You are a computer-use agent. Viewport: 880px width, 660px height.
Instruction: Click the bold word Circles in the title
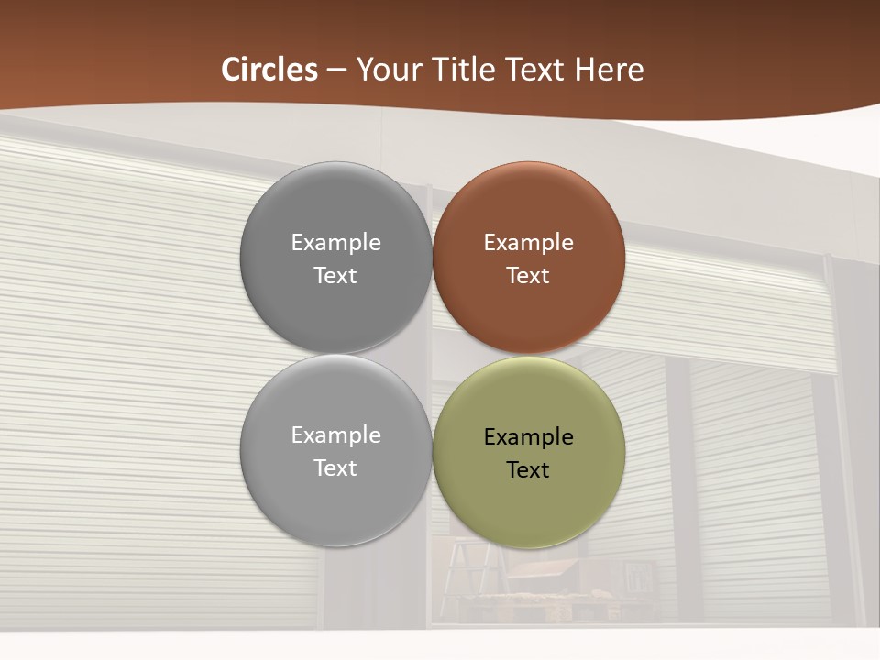(x=269, y=70)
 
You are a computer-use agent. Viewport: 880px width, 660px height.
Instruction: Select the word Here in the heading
(x=609, y=70)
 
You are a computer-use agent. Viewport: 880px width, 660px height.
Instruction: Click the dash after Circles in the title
(x=336, y=71)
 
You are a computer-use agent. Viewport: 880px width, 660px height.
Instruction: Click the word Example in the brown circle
(x=528, y=243)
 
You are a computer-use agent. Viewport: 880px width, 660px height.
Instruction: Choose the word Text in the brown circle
(x=528, y=275)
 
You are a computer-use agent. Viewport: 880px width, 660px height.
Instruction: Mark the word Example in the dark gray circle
(x=335, y=243)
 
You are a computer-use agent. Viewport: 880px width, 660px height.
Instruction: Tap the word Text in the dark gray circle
(x=335, y=275)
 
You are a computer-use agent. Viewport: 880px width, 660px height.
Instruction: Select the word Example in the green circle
(x=528, y=437)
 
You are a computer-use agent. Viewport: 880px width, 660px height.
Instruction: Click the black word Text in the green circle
(x=528, y=469)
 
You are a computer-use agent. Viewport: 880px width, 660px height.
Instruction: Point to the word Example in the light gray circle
(x=335, y=435)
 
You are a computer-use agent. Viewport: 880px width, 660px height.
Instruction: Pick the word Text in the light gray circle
(x=335, y=467)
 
